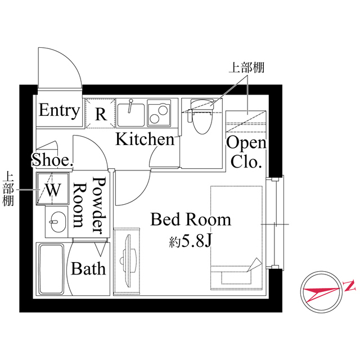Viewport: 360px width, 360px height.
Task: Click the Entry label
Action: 58,110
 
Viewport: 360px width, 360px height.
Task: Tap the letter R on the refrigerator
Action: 101,114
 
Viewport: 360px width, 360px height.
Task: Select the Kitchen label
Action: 145,139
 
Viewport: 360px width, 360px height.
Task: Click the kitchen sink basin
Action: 131,114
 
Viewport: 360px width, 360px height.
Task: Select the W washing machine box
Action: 52,189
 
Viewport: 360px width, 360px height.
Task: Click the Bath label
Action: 88,268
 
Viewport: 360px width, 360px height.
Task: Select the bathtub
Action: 52,268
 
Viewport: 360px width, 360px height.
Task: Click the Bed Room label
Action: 191,219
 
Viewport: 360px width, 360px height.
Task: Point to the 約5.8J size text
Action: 190,242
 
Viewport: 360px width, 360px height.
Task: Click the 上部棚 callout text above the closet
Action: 246,68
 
